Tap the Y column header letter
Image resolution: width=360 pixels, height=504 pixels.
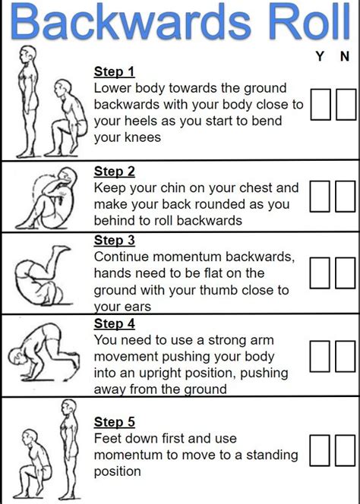click(321, 57)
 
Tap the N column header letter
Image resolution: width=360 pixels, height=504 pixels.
click(345, 57)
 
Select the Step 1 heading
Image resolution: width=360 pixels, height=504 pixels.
click(114, 71)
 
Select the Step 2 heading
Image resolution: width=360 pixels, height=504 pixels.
click(114, 172)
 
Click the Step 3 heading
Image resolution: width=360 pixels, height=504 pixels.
click(114, 240)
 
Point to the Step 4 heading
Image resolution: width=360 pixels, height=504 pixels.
click(114, 325)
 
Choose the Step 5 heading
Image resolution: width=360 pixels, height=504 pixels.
click(114, 421)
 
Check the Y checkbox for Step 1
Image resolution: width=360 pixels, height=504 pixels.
click(321, 105)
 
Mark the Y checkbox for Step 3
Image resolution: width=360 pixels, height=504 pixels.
click(321, 272)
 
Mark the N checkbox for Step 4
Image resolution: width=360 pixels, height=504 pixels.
click(346, 356)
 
